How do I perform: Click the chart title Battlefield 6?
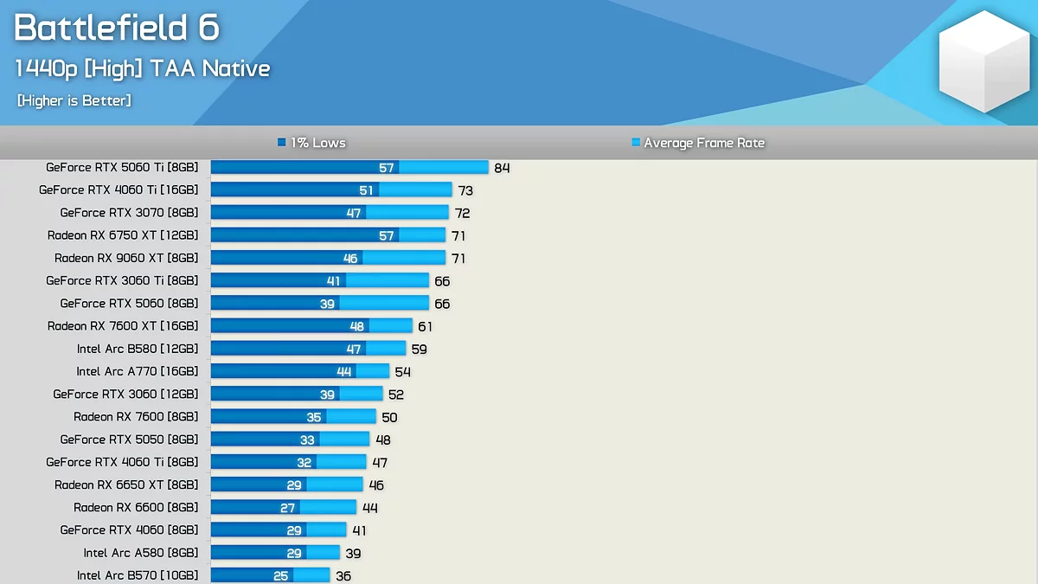tap(117, 29)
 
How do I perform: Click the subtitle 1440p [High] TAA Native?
tap(143, 69)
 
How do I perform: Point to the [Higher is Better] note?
tap(74, 101)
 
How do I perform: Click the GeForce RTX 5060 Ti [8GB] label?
tap(122, 168)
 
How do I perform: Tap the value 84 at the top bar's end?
tap(502, 168)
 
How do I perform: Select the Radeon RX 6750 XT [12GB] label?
tap(123, 235)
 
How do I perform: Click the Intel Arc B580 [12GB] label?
tap(138, 349)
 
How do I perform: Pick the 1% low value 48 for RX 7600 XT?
tap(357, 326)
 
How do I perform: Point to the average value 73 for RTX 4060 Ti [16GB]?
tap(465, 190)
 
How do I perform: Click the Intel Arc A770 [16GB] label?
tap(138, 371)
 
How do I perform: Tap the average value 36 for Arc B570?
tap(343, 575)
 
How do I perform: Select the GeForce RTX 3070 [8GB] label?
tap(129, 213)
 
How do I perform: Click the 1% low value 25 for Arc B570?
tap(281, 575)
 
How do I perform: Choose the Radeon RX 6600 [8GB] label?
tap(136, 507)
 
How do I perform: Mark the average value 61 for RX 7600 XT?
tap(425, 326)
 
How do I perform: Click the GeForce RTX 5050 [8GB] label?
tap(129, 440)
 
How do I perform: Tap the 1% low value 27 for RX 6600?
tap(288, 508)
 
